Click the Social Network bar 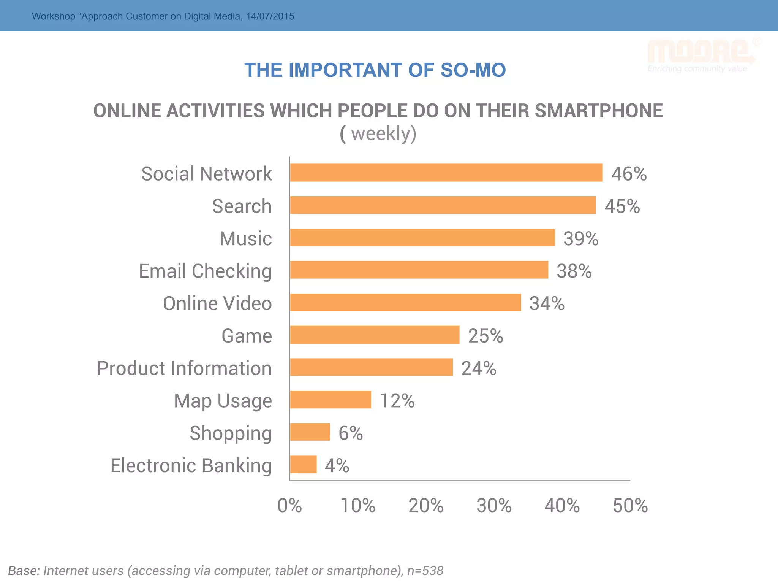click(x=446, y=173)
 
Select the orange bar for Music click(x=422, y=238)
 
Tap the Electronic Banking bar click(x=303, y=464)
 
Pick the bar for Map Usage click(x=330, y=400)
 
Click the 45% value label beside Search click(x=622, y=206)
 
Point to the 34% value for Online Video click(x=547, y=303)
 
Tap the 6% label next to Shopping click(x=350, y=433)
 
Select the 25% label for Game click(x=485, y=336)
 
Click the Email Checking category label click(x=205, y=271)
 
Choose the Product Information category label click(x=184, y=368)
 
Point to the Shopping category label click(x=231, y=433)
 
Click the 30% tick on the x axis click(x=494, y=506)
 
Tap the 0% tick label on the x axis click(x=289, y=506)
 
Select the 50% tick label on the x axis click(x=630, y=506)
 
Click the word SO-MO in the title click(x=473, y=70)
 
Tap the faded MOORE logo click(x=701, y=53)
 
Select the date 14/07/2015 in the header click(x=270, y=16)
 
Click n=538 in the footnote click(x=425, y=571)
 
